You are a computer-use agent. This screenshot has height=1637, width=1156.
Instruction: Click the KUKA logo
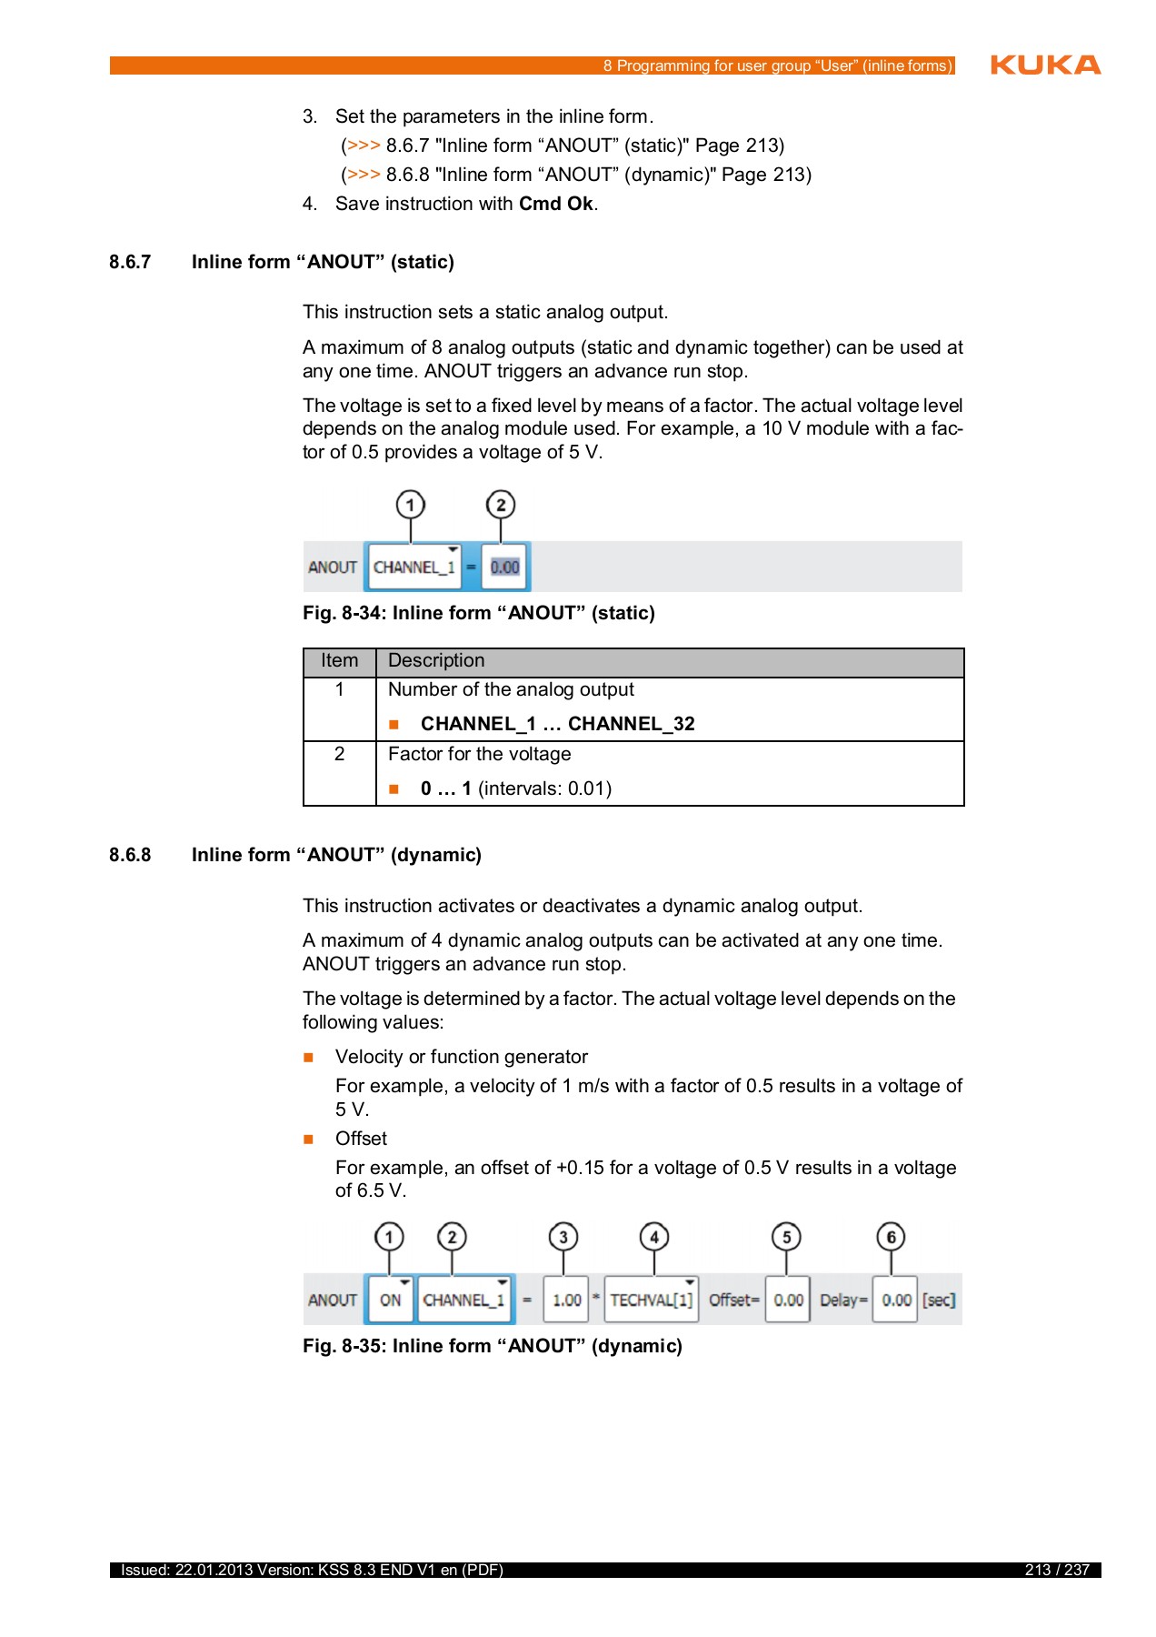point(1045,65)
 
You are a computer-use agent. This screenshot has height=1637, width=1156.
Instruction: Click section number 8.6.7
point(130,262)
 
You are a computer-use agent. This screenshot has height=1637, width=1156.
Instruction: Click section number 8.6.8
point(130,855)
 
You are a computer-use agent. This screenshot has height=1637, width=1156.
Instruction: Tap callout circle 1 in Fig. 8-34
point(411,505)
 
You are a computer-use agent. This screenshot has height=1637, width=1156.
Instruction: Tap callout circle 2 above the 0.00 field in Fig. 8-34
point(501,505)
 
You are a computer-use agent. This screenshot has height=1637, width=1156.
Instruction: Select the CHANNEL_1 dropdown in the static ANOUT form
point(414,567)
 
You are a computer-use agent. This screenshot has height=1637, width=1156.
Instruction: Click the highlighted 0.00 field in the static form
point(504,567)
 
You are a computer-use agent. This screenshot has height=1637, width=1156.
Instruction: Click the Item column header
point(339,661)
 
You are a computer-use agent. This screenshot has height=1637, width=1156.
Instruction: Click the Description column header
point(436,661)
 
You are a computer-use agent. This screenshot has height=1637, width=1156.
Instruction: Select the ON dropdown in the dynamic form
point(391,1301)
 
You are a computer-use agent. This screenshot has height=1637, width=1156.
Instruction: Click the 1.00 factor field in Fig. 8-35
point(566,1301)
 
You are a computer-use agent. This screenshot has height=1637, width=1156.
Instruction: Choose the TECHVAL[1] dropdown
point(651,1301)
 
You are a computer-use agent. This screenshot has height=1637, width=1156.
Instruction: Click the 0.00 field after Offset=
point(788,1301)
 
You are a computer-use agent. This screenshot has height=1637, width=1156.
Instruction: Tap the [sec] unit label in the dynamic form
point(939,1301)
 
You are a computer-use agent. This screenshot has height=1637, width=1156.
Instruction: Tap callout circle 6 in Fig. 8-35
point(891,1237)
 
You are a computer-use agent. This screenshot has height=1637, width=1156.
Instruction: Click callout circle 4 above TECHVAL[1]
point(654,1237)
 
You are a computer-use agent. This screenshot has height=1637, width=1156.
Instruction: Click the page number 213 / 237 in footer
point(1056,1570)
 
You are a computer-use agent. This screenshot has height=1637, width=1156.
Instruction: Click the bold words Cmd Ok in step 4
point(555,204)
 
